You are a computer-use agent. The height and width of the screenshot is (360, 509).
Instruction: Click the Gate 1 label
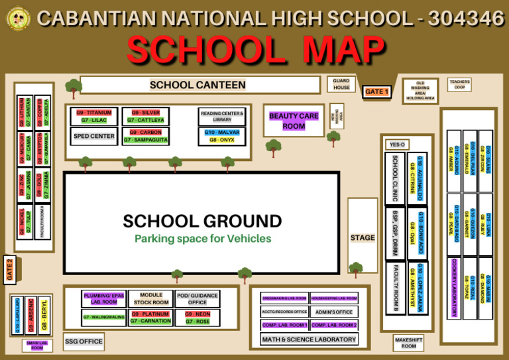(376, 91)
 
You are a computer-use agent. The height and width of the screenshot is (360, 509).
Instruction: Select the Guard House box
(341, 84)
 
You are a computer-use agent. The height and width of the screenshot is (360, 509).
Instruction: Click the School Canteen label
(198, 85)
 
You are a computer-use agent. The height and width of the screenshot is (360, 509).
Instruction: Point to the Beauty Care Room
(294, 121)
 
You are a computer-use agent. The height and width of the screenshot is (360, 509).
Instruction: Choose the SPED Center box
(94, 136)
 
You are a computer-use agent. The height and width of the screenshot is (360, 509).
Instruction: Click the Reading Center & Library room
(222, 117)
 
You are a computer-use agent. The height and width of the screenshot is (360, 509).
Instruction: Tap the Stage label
(363, 237)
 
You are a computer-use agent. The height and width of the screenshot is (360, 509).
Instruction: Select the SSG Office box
(84, 341)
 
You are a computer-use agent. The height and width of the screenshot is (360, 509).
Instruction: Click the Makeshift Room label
(409, 343)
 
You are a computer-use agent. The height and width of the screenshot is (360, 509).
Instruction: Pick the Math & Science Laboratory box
(309, 339)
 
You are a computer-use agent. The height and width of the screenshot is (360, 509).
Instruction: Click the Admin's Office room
(334, 312)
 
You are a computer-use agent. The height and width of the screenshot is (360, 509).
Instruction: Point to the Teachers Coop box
(459, 84)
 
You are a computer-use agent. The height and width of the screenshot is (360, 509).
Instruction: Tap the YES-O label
(397, 144)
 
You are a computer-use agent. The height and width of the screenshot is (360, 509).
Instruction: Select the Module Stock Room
(150, 298)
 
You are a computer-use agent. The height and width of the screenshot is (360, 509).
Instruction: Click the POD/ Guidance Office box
(197, 298)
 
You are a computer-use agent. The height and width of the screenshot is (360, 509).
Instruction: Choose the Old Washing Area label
(420, 91)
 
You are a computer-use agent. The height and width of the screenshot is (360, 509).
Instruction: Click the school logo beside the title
(18, 19)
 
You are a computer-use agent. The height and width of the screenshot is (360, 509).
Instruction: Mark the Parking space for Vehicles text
(202, 239)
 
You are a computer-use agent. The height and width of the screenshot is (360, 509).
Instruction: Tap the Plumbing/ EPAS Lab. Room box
(104, 298)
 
